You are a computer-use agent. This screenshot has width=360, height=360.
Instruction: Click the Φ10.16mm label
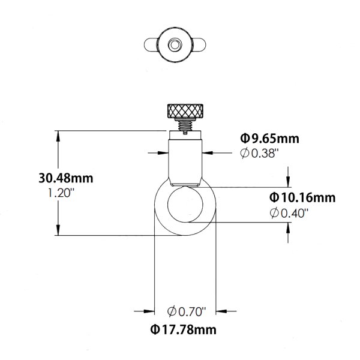302,197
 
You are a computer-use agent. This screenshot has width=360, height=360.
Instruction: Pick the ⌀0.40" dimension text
289,212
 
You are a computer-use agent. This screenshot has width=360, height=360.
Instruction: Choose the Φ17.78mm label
183,329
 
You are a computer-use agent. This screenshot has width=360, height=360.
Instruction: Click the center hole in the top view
173,44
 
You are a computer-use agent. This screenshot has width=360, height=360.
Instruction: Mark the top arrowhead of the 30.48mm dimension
59,134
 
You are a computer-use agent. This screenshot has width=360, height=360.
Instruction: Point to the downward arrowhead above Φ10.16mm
289,184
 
